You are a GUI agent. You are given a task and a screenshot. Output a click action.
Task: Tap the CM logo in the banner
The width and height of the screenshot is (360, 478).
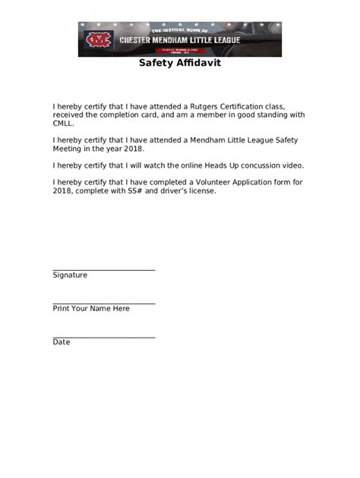pyautogui.click(x=98, y=39)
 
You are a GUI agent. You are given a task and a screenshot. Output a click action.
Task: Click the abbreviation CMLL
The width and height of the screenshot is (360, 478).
pyautogui.click(x=64, y=124)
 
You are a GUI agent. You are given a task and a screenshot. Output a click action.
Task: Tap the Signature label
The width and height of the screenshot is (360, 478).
pyautogui.click(x=70, y=275)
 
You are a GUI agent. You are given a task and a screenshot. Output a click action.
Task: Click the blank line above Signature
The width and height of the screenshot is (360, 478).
pyautogui.click(x=104, y=269)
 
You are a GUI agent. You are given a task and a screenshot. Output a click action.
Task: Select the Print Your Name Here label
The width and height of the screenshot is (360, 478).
pyautogui.click(x=91, y=309)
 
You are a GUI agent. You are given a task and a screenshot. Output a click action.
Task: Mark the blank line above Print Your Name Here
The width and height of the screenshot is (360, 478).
pyautogui.click(x=104, y=303)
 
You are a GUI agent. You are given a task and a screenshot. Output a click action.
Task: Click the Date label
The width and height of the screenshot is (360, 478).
pyautogui.click(x=62, y=342)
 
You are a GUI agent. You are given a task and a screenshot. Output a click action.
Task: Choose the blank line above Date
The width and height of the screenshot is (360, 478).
pyautogui.click(x=104, y=337)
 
